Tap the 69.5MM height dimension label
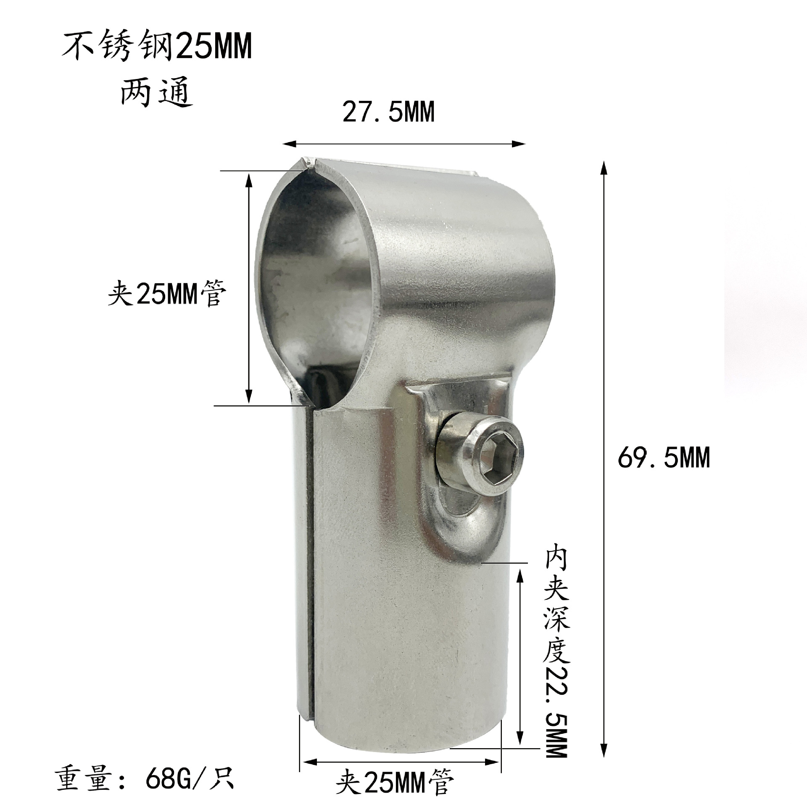point(664,457)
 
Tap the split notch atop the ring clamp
point(308,164)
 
